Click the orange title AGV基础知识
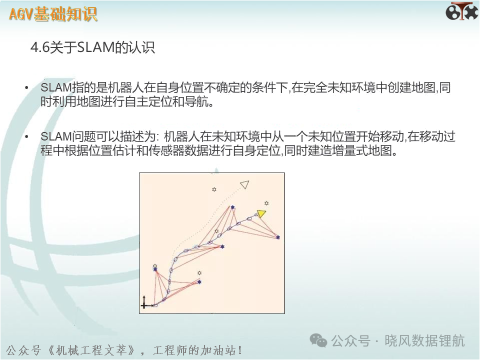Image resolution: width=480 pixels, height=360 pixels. [x=53, y=14]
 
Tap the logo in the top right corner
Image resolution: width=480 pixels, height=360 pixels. [x=461, y=11]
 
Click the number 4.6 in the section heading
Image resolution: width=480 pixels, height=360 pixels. [x=40, y=47]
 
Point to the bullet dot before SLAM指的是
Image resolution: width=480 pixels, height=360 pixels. [x=26, y=88]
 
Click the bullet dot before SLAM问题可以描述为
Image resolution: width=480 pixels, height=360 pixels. [x=26, y=137]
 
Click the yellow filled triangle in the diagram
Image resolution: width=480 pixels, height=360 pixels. [x=261, y=213]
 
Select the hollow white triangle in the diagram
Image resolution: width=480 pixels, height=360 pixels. [x=245, y=184]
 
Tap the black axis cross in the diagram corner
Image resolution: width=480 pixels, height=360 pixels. [x=144, y=303]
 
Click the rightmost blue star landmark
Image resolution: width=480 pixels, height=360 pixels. [x=277, y=237]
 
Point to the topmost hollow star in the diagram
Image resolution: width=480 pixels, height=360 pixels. [x=214, y=189]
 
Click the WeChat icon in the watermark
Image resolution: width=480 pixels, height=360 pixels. [x=318, y=340]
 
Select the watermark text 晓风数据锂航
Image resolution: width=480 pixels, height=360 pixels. [x=424, y=340]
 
